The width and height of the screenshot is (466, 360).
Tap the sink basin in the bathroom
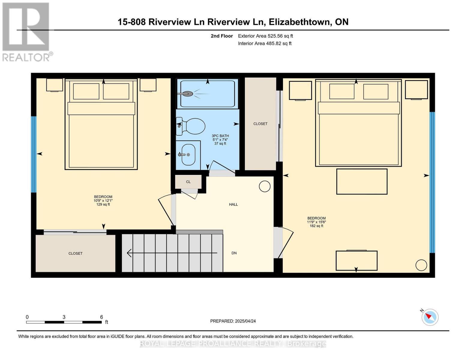pyautogui.click(x=188, y=154)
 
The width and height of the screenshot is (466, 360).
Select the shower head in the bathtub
pyautogui.click(x=185, y=94)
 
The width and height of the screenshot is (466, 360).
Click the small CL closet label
pyautogui.click(x=188, y=182)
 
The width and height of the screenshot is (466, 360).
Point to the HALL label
pyautogui.click(x=233, y=205)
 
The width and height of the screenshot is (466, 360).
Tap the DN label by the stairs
pyautogui.click(x=234, y=253)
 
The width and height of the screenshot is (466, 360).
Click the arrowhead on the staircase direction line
pyautogui.click(x=129, y=253)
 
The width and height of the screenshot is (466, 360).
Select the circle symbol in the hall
pyautogui.click(x=265, y=186)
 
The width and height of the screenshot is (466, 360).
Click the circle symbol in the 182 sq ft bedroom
pyautogui.click(x=421, y=265)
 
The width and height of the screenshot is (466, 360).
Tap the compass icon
pyautogui.click(x=430, y=317)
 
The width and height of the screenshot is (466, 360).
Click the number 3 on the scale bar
pyautogui.click(x=64, y=317)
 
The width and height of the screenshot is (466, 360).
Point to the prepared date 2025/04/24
pyautogui.click(x=245, y=321)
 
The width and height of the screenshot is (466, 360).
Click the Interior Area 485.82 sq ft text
pyautogui.click(x=265, y=43)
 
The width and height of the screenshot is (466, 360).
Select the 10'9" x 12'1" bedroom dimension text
pyautogui.click(x=103, y=201)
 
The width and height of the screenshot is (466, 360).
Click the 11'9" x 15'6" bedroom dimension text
pyautogui.click(x=317, y=222)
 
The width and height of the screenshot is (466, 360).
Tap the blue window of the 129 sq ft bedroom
pyautogui.click(x=34, y=154)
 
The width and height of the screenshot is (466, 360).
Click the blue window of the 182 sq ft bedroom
pyautogui.click(x=432, y=182)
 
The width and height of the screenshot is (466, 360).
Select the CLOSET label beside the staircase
pyautogui.click(x=76, y=253)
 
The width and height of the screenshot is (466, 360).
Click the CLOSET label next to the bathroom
pyautogui.click(x=260, y=124)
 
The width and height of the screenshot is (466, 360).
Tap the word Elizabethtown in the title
pyautogui.click(x=299, y=22)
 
